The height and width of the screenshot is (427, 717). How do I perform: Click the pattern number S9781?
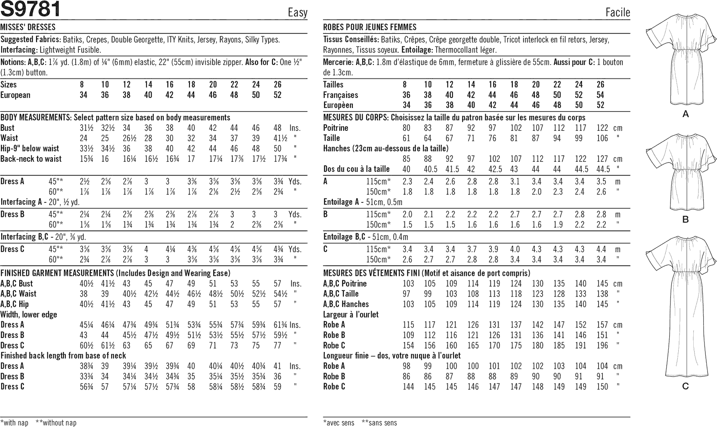[x=31, y=9]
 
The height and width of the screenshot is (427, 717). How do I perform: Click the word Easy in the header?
[x=297, y=12]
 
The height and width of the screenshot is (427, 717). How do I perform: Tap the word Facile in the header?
[x=618, y=12]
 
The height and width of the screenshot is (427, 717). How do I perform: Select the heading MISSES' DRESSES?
[x=28, y=27]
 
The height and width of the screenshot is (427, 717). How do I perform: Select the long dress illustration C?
[x=682, y=306]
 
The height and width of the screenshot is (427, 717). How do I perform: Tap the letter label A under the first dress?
[x=686, y=114]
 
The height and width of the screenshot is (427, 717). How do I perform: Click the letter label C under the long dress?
[x=686, y=386]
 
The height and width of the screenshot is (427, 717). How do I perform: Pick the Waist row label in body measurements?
[x=9, y=138]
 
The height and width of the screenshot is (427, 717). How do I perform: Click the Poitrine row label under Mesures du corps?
[x=335, y=128]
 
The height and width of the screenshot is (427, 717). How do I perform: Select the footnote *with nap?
[x=14, y=423]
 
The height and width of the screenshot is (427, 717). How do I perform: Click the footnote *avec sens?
[x=338, y=423]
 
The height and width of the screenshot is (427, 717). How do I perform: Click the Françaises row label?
[x=340, y=95]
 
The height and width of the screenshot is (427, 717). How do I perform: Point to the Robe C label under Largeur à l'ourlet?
[x=334, y=345]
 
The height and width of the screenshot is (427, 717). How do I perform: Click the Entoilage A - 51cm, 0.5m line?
[x=363, y=202]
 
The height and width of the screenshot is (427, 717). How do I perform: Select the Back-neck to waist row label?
[x=31, y=159]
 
